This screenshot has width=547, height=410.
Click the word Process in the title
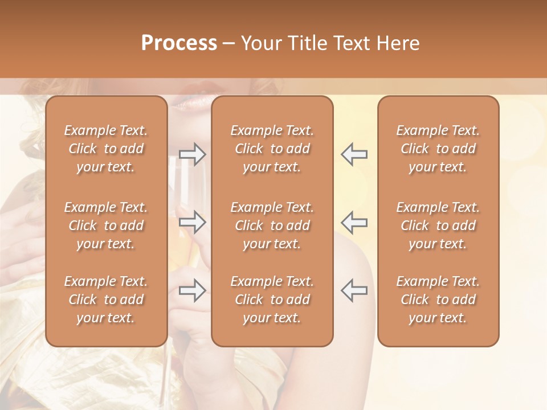(179, 43)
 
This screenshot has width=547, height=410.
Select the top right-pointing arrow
(192, 154)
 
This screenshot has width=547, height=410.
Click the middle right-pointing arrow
(192, 222)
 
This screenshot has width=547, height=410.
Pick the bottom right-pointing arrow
(192, 290)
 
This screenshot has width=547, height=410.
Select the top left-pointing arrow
(354, 154)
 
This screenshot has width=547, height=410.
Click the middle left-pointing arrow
(354, 222)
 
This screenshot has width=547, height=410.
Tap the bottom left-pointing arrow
(354, 290)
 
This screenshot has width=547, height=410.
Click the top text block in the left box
(106, 149)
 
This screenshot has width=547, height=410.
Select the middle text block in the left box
(106, 225)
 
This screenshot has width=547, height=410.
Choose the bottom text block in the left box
(106, 300)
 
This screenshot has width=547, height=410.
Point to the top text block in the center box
(272, 149)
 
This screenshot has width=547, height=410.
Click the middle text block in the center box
(272, 225)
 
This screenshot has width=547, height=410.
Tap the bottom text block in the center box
(272, 300)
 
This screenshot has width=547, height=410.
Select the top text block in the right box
(438, 149)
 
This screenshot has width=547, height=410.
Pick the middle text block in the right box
(438, 225)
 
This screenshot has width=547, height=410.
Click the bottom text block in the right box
(438, 300)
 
